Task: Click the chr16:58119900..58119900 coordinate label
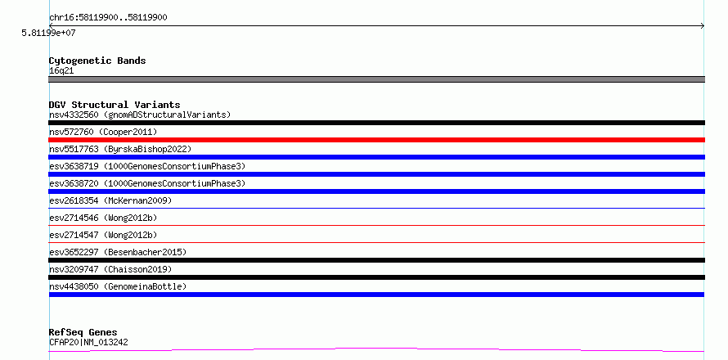coord(108,18)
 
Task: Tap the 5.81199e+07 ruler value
coord(48,33)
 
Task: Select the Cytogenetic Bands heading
coord(97,61)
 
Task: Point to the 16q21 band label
coord(61,71)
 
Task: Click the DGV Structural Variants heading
coord(115,105)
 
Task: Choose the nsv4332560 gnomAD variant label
coord(140,115)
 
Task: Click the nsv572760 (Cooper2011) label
coord(103,132)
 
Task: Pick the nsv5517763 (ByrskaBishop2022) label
coord(120,149)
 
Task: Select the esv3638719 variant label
coord(147,166)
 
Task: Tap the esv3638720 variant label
coord(147,183)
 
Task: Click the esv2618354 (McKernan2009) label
coord(110,200)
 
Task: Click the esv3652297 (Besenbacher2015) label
coord(118,252)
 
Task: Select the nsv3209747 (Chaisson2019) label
coord(110,269)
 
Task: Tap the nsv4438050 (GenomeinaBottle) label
coord(118,286)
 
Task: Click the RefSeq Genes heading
coord(83,333)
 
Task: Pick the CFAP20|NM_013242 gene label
coord(88,343)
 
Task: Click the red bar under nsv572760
coord(376,140)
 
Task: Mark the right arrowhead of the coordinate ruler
coord(703,26)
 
